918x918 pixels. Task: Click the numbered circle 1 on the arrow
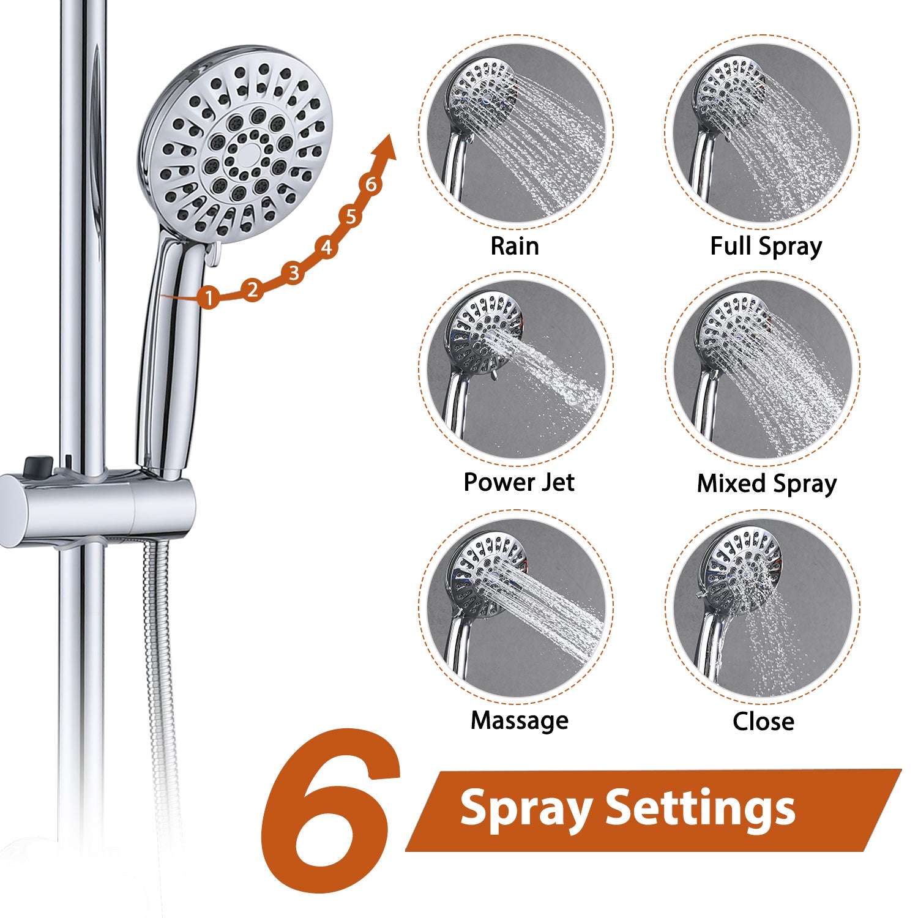click(x=209, y=297)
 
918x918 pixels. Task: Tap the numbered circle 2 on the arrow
click(x=252, y=289)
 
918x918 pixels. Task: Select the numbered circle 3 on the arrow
click(x=294, y=272)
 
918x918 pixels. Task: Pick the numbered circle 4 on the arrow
click(x=327, y=247)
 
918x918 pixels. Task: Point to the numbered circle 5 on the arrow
click(x=351, y=217)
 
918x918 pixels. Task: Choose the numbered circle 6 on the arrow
click(x=371, y=184)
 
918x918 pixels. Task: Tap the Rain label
click(x=515, y=246)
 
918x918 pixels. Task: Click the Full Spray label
click(x=766, y=247)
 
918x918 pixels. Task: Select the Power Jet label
click(x=519, y=482)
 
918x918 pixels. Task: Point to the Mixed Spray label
click(x=766, y=483)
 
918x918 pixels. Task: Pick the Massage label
click(x=519, y=720)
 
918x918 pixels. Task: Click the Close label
click(x=763, y=721)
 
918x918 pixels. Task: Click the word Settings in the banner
click(x=700, y=809)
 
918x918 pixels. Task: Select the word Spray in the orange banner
click(x=525, y=810)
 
